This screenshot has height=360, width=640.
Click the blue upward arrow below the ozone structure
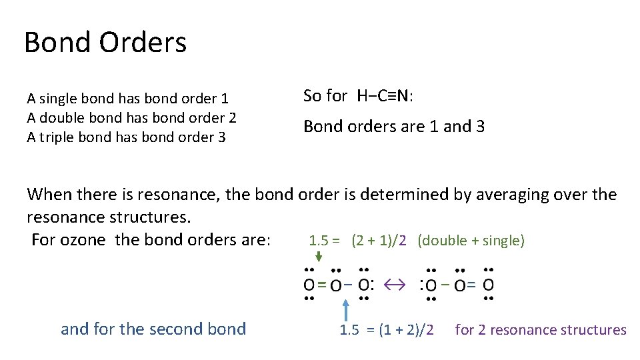coord(345,311)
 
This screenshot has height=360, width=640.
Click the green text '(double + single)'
coord(471,241)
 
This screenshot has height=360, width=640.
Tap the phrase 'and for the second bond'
coord(153,329)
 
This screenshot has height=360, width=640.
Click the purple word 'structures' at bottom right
coord(595,330)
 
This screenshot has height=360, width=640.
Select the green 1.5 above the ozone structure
coord(318,241)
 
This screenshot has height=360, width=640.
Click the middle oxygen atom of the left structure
coord(336,285)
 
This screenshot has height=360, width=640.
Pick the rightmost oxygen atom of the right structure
coord(489,285)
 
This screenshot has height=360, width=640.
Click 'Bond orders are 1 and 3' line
coord(394,127)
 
